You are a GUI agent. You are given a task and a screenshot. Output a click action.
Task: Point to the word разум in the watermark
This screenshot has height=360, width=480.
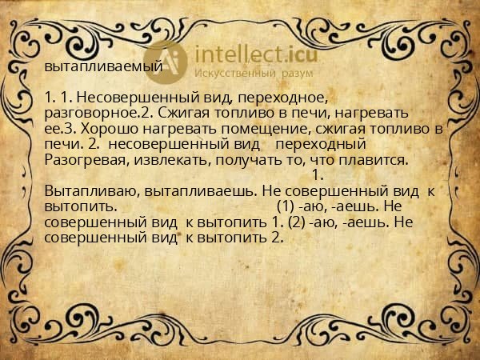pos(296,74)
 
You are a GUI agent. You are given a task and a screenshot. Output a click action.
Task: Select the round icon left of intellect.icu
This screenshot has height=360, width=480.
pos(170,59)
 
